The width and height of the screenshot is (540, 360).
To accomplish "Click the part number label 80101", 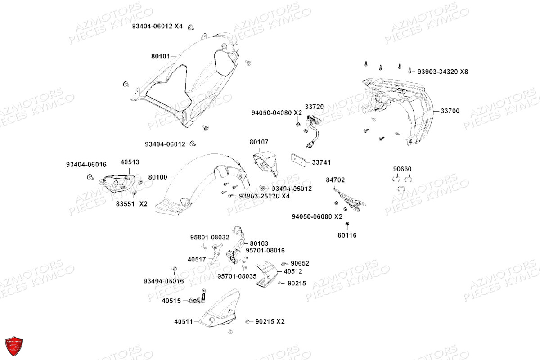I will coord(160,57).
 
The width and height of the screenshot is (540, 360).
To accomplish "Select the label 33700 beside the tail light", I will coord(450,111).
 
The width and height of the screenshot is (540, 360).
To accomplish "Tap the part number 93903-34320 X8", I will coord(443,72).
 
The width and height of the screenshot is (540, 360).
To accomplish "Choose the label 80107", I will coord(259,142).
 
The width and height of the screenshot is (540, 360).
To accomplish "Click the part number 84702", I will coord(335,180).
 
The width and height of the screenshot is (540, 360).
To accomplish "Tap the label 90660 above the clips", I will coord(402,169).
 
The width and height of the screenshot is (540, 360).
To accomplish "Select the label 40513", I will coord(130,162).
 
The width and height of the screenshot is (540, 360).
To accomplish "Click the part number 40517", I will coord(197,259).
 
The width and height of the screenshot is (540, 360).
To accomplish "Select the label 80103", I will coord(259,243).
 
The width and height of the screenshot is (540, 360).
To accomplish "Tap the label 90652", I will coord(300,263).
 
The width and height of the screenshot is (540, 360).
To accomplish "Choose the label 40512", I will coord(292,271).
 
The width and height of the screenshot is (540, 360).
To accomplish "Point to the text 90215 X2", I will coord(270,321).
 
